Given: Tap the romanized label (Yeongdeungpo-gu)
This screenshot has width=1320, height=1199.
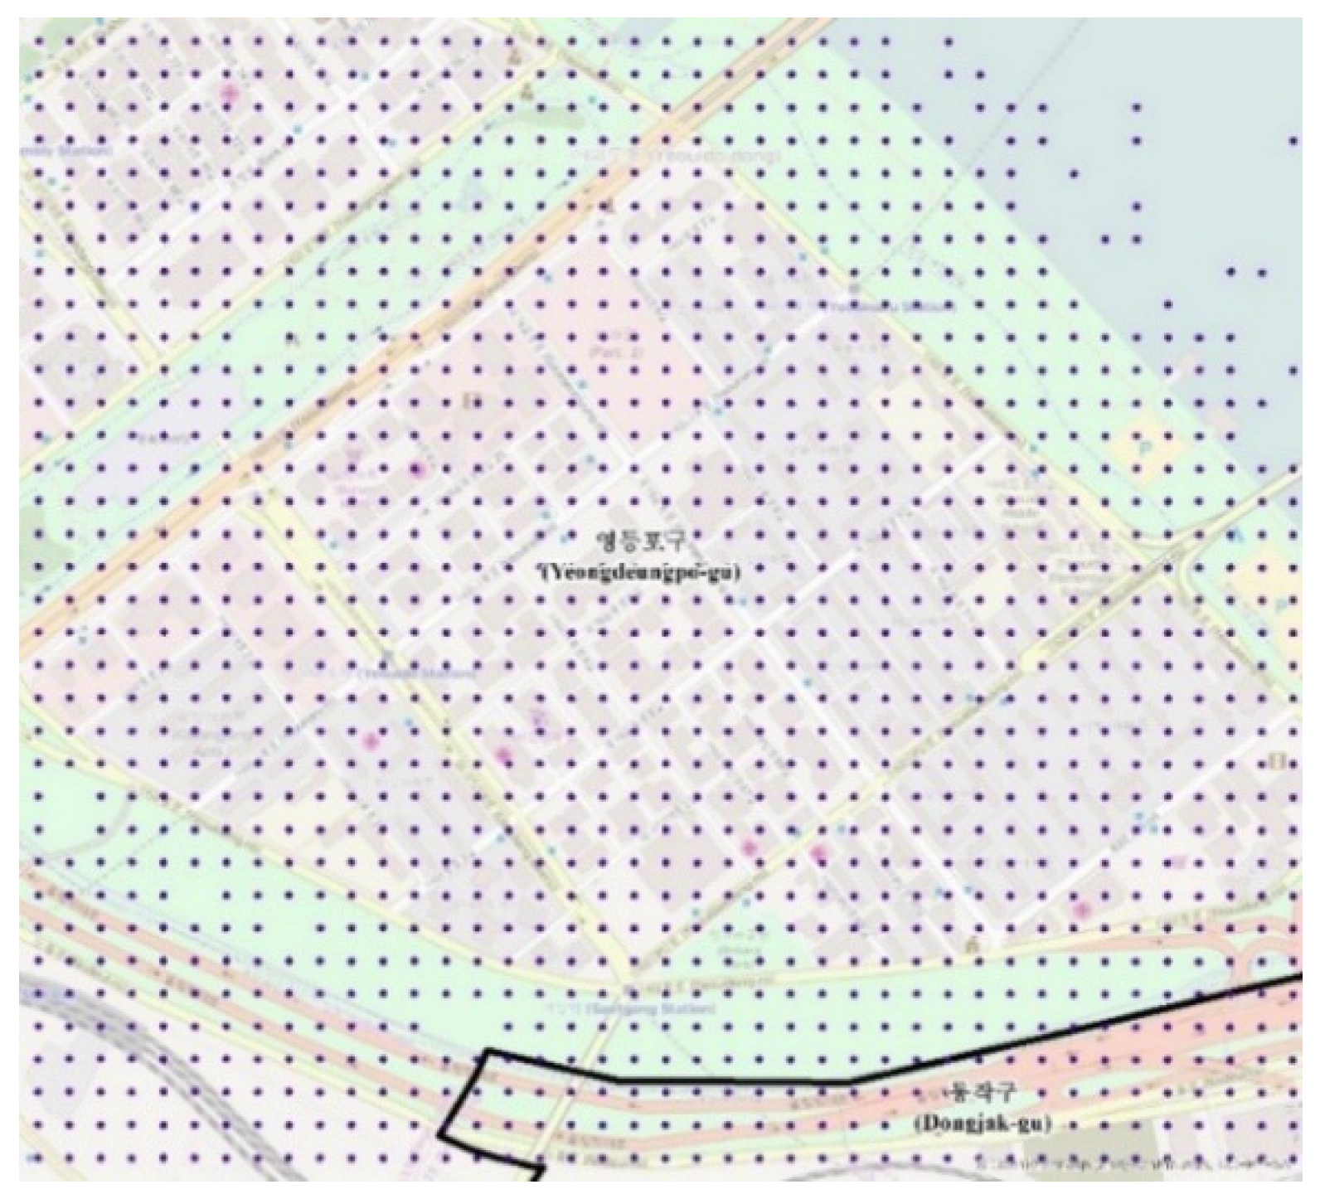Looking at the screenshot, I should click(638, 571).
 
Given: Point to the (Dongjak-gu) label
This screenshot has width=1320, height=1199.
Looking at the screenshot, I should click(983, 1124).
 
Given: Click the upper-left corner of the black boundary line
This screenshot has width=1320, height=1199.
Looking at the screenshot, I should click(488, 1051).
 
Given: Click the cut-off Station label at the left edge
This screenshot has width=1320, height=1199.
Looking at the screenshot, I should click(66, 152).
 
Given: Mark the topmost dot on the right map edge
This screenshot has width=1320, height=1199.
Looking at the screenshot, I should click(1293, 141).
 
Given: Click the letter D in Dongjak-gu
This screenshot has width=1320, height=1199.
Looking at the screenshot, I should click(927, 1124).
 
